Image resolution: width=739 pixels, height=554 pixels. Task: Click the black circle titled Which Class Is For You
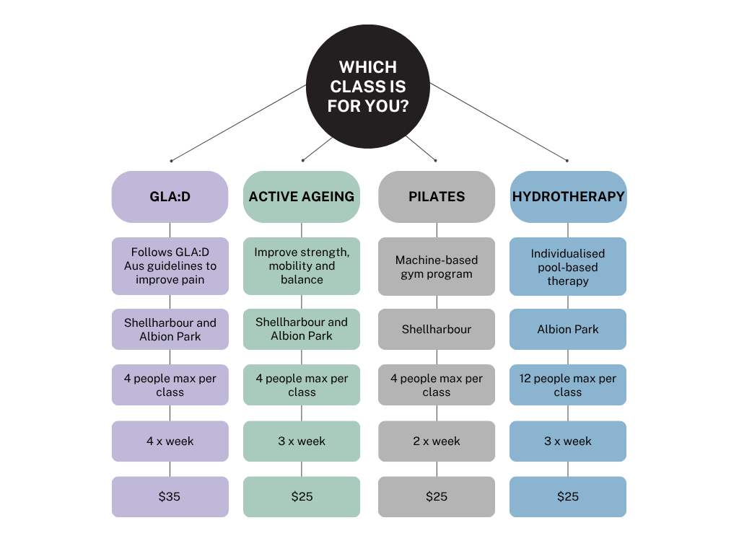pos(368,87)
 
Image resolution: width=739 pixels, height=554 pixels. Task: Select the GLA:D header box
pos(170,196)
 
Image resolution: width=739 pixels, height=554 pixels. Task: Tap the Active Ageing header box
pos(302,196)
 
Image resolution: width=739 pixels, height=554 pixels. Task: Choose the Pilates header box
pos(437,196)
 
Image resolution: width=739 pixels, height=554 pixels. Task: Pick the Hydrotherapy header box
pos(568,196)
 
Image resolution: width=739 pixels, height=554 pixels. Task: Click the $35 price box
pos(170,496)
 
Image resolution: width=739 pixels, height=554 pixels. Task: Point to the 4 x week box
pos(170,441)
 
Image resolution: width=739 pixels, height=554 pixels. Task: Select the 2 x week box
pos(437,441)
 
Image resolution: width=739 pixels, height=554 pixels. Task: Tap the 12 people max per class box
pos(568,385)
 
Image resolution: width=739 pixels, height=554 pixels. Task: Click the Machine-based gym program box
pos(437,267)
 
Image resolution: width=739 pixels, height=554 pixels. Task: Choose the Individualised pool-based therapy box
pos(568,267)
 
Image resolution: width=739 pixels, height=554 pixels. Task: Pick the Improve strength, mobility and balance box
pos(302,265)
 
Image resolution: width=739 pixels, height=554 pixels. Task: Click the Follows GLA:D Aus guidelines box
pos(170,265)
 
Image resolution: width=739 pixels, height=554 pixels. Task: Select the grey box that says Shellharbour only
pos(437,330)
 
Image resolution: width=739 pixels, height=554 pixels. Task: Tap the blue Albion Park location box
pos(568,330)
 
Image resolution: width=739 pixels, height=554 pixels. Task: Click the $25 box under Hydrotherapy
pos(568,496)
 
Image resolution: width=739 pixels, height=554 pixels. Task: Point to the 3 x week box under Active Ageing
pos(302,441)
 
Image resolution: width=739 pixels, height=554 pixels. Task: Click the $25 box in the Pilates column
pos(437,496)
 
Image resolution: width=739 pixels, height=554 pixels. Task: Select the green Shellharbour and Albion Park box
pos(302,329)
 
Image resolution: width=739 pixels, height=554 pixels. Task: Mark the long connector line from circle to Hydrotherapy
pos(498,121)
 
